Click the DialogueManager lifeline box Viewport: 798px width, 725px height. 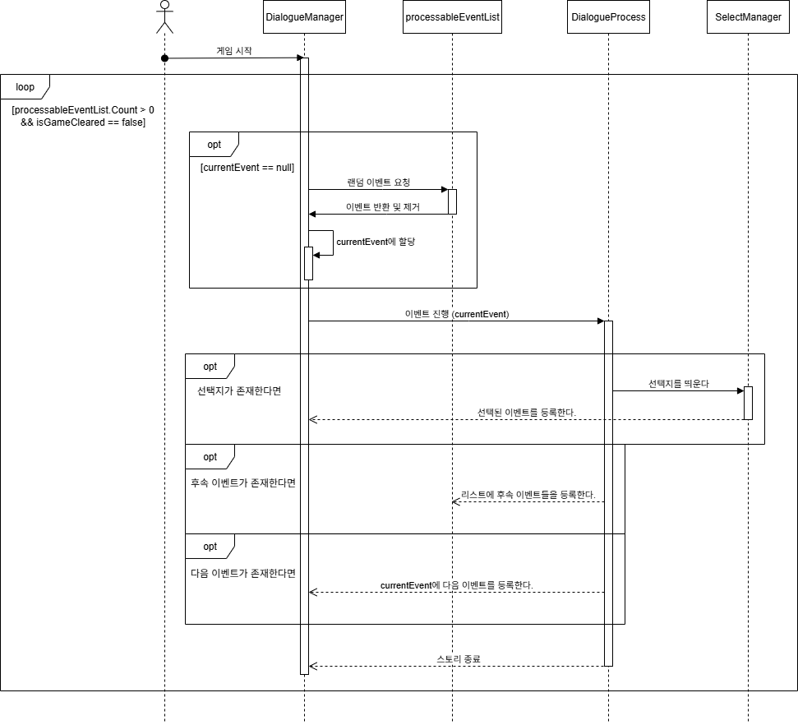pyautogui.click(x=304, y=16)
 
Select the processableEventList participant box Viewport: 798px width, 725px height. pyautogui.click(x=452, y=16)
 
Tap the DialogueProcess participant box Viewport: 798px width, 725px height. pyautogui.click(x=607, y=16)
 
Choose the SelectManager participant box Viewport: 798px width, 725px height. pyautogui.click(x=748, y=16)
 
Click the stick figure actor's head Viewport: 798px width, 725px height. pyautogui.click(x=164, y=6)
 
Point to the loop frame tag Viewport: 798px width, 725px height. pyautogui.click(x=25, y=87)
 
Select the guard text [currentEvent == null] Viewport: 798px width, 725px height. pyautogui.click(x=247, y=168)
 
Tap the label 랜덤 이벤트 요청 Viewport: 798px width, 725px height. pyautogui.click(x=379, y=182)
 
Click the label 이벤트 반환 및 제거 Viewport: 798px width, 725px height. pyautogui.click(x=382, y=207)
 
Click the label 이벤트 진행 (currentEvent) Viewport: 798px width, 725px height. pyautogui.click(x=457, y=314)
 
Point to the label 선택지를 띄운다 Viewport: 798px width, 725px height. pyautogui.click(x=678, y=384)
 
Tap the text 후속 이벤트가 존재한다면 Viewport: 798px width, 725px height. pyautogui.click(x=242, y=483)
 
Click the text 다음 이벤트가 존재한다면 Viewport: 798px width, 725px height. pyautogui.click(x=242, y=573)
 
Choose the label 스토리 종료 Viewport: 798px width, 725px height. pyautogui.click(x=459, y=659)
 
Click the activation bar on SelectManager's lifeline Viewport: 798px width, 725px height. pyautogui.click(x=748, y=403)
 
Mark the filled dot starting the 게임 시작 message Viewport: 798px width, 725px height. pyautogui.click(x=164, y=58)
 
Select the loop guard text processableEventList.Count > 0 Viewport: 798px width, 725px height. pyautogui.click(x=83, y=109)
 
